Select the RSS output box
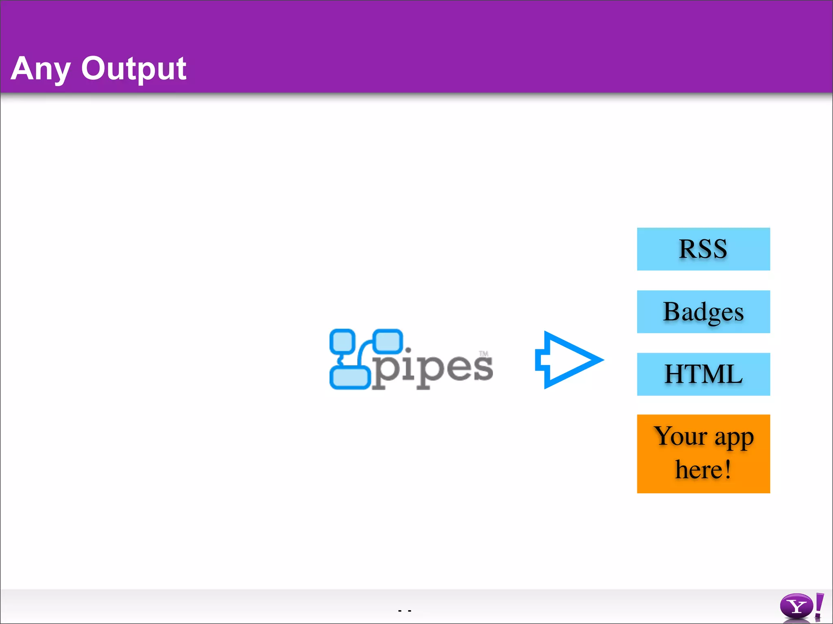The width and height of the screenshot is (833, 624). (x=703, y=249)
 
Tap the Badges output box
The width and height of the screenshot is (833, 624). (x=703, y=312)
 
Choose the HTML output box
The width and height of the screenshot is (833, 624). (x=703, y=374)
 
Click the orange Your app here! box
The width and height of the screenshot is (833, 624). (x=703, y=454)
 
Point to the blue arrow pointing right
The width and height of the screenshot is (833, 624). (x=569, y=360)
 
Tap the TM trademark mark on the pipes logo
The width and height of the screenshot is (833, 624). (x=483, y=353)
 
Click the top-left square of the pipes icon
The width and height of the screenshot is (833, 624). (x=342, y=341)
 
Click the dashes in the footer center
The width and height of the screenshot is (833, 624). (x=405, y=611)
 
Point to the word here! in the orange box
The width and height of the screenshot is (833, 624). (x=703, y=470)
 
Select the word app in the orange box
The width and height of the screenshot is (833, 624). (x=734, y=438)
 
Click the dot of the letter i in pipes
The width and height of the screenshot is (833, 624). (x=408, y=350)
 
